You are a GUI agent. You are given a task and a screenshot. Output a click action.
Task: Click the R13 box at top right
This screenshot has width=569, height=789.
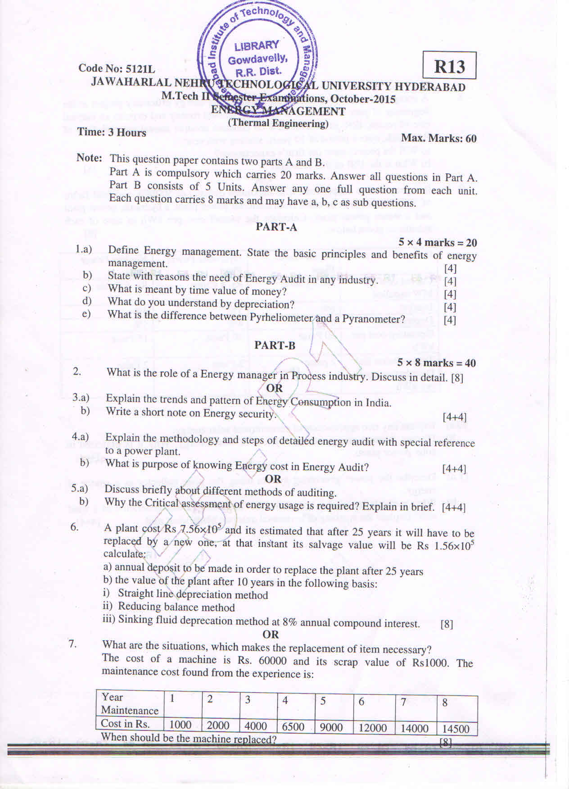[449, 66]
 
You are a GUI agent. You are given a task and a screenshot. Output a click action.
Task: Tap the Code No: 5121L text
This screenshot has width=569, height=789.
[117, 68]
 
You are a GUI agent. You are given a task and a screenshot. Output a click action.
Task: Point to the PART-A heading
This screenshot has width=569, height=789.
[276, 227]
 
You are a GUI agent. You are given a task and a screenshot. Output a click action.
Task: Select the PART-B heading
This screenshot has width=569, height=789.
[275, 345]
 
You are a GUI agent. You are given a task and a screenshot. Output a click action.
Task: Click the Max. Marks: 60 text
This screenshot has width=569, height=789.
[439, 138]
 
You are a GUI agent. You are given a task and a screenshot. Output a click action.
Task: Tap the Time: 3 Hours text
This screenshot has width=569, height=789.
[112, 132]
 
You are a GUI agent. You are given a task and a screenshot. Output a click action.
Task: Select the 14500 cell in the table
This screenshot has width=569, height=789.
[456, 729]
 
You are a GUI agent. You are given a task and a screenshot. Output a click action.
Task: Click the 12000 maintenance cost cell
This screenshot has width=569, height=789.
[372, 728]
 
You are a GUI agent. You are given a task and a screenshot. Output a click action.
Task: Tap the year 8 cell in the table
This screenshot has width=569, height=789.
[445, 703]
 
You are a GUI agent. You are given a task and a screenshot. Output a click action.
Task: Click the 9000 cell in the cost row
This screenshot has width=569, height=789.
[331, 727]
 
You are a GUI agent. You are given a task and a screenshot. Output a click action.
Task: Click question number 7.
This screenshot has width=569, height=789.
[72, 644]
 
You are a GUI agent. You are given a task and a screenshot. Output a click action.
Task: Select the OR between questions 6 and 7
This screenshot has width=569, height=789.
[271, 635]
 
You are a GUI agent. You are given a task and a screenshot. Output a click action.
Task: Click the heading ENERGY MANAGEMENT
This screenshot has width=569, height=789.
[278, 111]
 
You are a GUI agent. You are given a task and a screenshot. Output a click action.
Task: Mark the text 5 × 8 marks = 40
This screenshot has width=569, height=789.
[436, 363]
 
